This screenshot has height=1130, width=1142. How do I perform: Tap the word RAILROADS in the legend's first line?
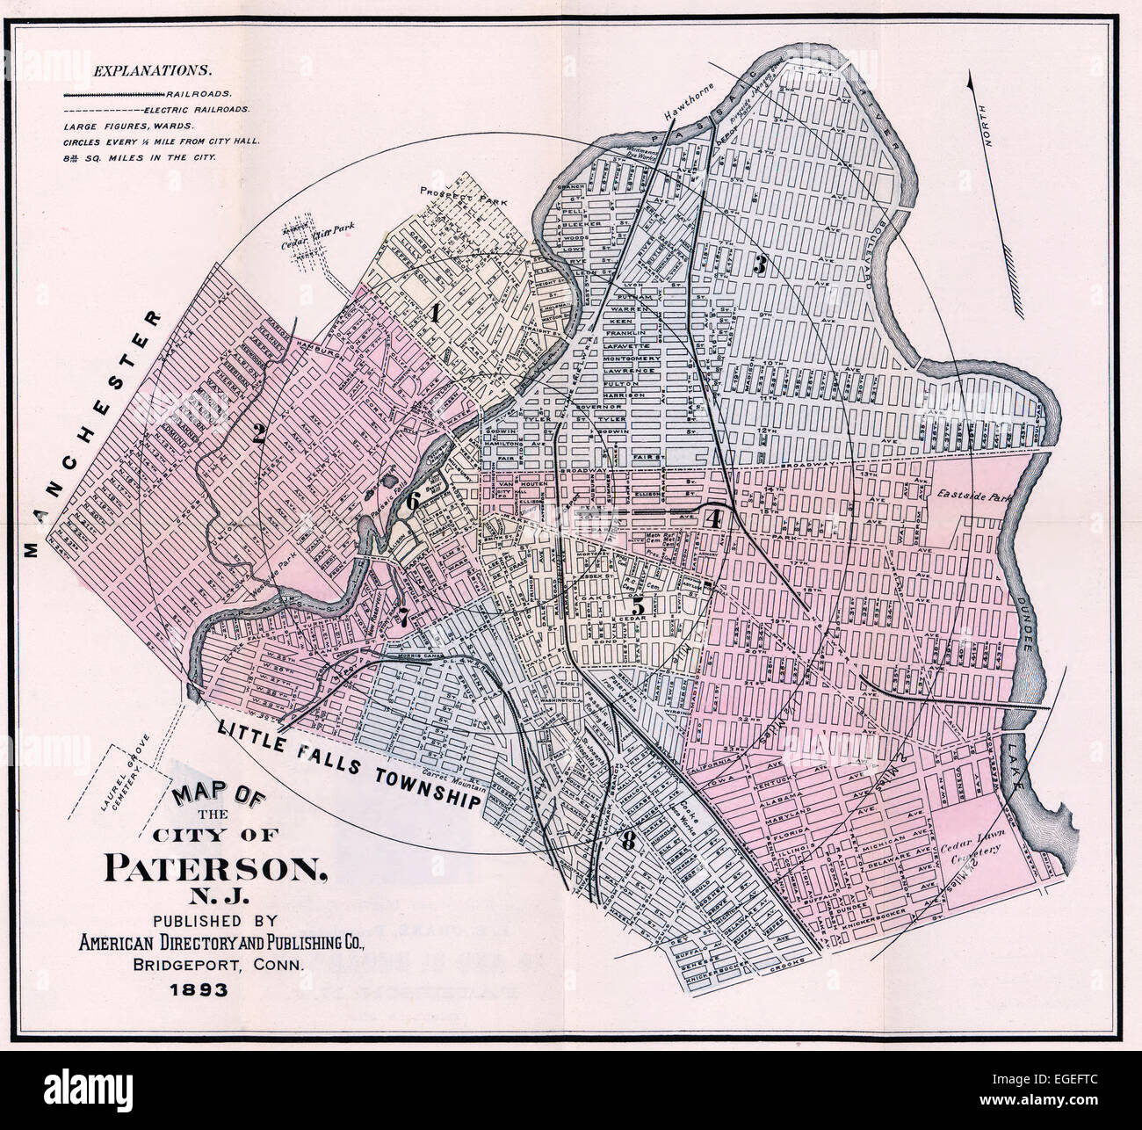tap(207, 92)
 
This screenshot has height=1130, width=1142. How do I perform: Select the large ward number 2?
tap(259, 432)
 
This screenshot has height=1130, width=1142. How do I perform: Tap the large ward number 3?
tap(761, 265)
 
